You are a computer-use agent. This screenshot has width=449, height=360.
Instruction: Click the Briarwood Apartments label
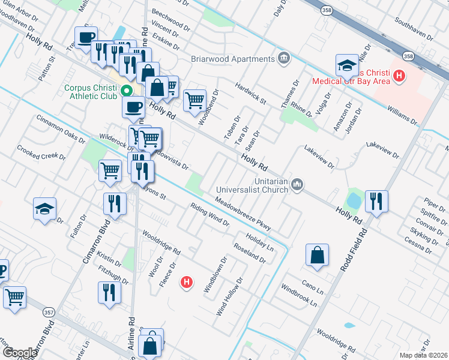tap(233, 59)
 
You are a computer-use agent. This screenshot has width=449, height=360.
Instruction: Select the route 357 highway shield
tap(49, 312)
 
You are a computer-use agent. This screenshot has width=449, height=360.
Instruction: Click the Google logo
tap(19, 353)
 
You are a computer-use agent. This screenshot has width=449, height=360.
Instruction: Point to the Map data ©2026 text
tap(423, 355)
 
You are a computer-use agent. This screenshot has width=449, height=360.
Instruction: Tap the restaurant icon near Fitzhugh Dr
tap(109, 293)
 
